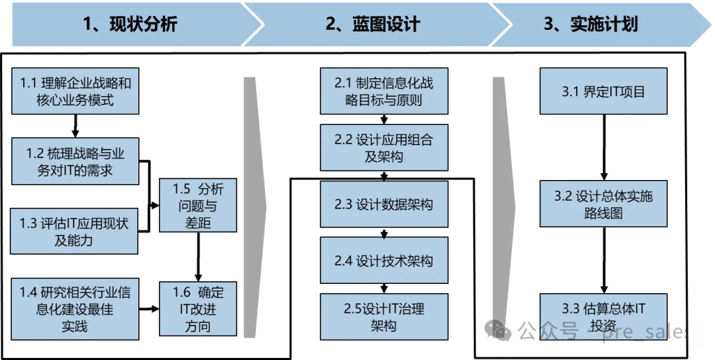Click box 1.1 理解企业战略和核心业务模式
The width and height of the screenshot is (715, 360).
click(75, 91)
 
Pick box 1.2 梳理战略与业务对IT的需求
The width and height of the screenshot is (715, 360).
click(75, 161)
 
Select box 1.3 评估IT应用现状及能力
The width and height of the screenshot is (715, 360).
click(74, 231)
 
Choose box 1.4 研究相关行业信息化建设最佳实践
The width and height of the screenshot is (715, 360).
click(75, 309)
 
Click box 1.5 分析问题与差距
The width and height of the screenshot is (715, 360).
click(198, 205)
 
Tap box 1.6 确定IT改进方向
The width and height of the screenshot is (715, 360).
click(198, 309)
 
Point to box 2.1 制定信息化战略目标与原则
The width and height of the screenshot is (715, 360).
click(384, 91)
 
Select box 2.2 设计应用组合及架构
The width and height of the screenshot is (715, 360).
click(384, 148)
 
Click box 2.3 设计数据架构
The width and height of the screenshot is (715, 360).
click(384, 204)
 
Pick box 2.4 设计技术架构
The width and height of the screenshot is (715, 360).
click(384, 260)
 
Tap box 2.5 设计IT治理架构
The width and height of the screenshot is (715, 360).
click(384, 317)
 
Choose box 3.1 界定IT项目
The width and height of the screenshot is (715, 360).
click(604, 91)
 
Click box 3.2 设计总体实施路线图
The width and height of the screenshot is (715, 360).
click(604, 204)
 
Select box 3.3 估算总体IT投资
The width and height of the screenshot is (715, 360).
click(604, 317)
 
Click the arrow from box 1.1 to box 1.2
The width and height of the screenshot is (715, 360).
click(75, 126)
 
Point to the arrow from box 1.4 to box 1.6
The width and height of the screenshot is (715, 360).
click(149, 309)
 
